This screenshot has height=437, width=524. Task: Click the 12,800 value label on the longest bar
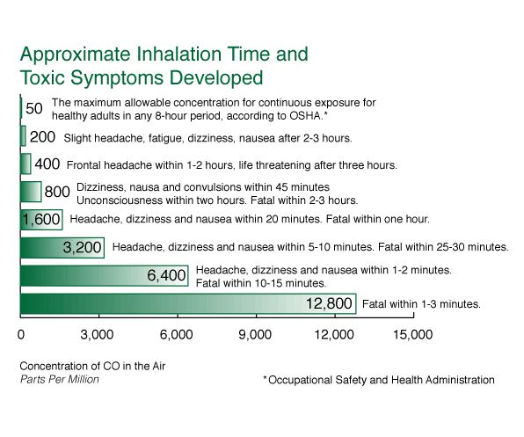point(329,303)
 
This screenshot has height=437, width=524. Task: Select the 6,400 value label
point(166,275)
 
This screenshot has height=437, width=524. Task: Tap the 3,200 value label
point(82,248)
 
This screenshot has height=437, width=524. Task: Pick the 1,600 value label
point(41,220)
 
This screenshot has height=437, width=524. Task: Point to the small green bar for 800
point(31,192)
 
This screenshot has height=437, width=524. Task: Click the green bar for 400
point(25,164)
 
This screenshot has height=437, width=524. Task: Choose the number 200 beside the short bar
point(42,137)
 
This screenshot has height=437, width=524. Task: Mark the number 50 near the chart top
point(34,108)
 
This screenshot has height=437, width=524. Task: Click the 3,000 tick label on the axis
point(97,334)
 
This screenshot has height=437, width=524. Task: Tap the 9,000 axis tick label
point(255,334)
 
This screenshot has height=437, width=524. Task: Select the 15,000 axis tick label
point(412,334)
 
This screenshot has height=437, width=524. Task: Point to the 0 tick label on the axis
point(21,334)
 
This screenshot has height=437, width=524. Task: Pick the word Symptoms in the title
point(117,78)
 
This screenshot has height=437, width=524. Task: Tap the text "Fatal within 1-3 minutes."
point(421,304)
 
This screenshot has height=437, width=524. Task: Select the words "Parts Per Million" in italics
point(60,380)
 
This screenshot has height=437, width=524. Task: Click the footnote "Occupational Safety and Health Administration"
point(382,380)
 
